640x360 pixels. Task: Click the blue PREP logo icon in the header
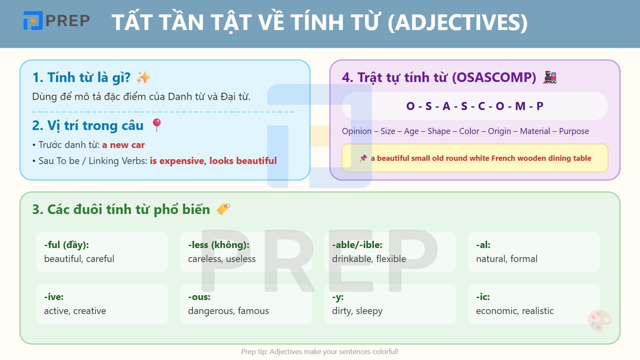[x=33, y=20]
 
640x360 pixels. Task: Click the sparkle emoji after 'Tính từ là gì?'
[x=143, y=78]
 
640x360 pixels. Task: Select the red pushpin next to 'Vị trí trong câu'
[x=156, y=125]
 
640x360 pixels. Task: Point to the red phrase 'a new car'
[x=124, y=145]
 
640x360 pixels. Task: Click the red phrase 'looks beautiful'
[x=243, y=161]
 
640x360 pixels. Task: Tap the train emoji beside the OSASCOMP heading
[x=550, y=78]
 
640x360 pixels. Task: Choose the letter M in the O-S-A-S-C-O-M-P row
[x=520, y=106]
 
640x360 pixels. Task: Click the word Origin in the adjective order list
[x=499, y=131]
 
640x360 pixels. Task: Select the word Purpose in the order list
[x=574, y=131]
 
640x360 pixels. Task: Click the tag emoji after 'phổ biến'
[x=223, y=209]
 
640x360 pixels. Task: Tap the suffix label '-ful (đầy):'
[x=66, y=245]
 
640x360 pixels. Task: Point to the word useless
[x=240, y=259]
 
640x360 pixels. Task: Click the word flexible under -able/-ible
[x=391, y=259]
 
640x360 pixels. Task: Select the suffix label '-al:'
[x=483, y=245]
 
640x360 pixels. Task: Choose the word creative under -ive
[x=90, y=311]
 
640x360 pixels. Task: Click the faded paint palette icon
[x=600, y=320]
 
